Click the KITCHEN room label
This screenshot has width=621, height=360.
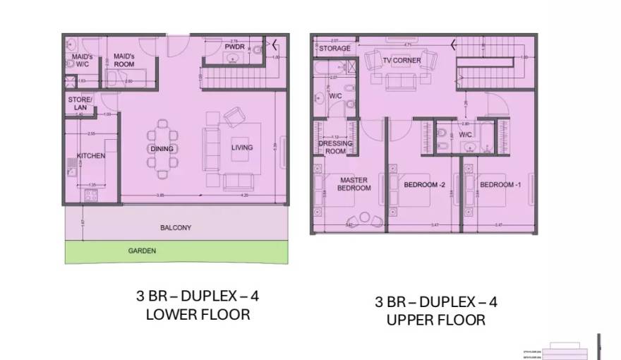pyautogui.click(x=91, y=156)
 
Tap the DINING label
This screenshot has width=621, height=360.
pyautogui.click(x=162, y=149)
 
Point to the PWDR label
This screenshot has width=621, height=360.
pyautogui.click(x=234, y=47)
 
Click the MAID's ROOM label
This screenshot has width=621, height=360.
pyautogui.click(x=124, y=59)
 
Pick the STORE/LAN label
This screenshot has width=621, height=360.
pyautogui.click(x=80, y=104)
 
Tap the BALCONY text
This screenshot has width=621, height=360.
pyautogui.click(x=175, y=228)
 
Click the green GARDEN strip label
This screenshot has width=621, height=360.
pyautogui.click(x=142, y=251)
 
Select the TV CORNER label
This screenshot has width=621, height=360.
pyautogui.click(x=402, y=61)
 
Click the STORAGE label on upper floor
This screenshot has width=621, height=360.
pyautogui.click(x=334, y=49)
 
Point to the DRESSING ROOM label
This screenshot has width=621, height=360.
pyautogui.click(x=335, y=147)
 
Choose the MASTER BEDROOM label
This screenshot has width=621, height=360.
pyautogui.click(x=354, y=184)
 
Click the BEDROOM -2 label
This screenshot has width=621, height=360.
pyautogui.click(x=424, y=185)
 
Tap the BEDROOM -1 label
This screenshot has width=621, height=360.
pyautogui.click(x=500, y=185)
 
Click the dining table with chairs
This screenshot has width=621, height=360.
pyautogui.click(x=162, y=149)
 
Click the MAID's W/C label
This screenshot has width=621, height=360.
pyautogui.click(x=80, y=59)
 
